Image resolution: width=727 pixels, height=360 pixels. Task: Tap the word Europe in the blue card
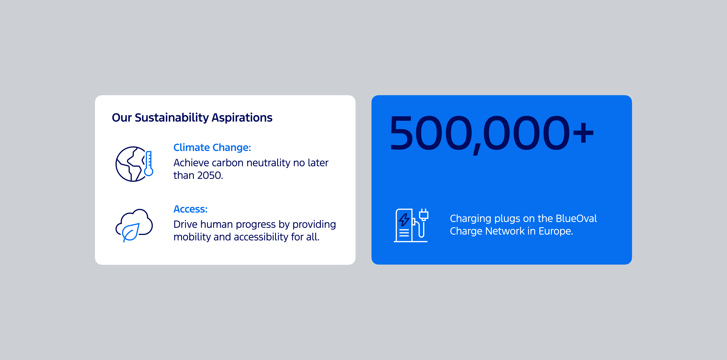(555, 231)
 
